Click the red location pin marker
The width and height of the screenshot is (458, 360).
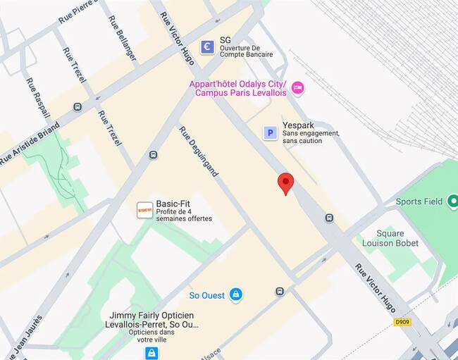pyautogui.click(x=285, y=182)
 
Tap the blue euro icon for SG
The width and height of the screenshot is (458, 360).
pyautogui.click(x=207, y=46)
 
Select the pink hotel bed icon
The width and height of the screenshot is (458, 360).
pyautogui.click(x=297, y=87)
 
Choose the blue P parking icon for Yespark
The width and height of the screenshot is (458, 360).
pyautogui.click(x=269, y=132)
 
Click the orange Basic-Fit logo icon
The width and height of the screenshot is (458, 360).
pyautogui.click(x=144, y=210)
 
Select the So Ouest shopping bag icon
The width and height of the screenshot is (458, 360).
pyautogui.click(x=235, y=294)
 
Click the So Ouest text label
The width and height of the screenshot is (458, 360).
pyautogui.click(x=207, y=295)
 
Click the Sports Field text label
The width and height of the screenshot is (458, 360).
pyautogui.click(x=419, y=201)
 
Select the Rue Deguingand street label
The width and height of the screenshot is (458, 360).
pyautogui.click(x=199, y=151)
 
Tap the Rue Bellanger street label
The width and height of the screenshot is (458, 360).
pyautogui.click(x=123, y=38)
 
